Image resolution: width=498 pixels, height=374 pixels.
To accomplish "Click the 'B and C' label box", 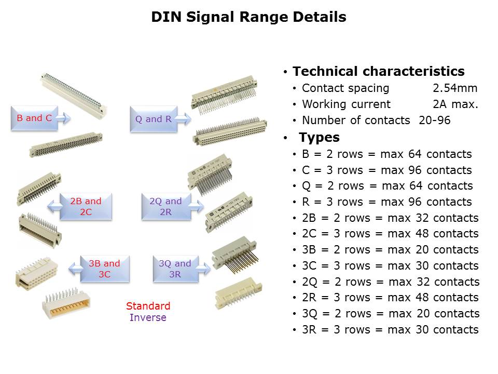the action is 34,118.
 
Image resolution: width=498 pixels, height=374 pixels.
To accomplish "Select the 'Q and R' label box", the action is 154,119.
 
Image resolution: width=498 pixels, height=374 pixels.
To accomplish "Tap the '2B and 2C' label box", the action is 86,206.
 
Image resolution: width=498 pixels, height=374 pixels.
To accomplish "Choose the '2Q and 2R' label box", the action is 166,206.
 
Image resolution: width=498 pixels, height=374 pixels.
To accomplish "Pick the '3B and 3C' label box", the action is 105,269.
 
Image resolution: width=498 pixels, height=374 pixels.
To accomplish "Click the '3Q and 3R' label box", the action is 176,269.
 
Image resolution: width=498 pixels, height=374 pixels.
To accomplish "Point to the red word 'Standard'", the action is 148,306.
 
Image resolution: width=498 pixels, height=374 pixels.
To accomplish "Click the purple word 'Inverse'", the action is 148,317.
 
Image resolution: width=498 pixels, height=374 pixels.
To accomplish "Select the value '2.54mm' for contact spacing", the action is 455,88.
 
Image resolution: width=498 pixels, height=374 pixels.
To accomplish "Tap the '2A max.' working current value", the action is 455,104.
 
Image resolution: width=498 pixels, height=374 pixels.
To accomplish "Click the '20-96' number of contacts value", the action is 435,120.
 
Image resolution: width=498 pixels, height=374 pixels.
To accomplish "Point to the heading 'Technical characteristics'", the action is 379,71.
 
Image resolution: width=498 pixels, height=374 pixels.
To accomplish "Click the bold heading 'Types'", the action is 319,137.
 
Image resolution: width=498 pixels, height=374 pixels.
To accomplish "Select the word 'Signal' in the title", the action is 210,17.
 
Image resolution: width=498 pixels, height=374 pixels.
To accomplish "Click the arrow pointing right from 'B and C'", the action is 64,118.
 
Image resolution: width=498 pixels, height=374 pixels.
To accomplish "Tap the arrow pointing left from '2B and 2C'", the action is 53,207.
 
